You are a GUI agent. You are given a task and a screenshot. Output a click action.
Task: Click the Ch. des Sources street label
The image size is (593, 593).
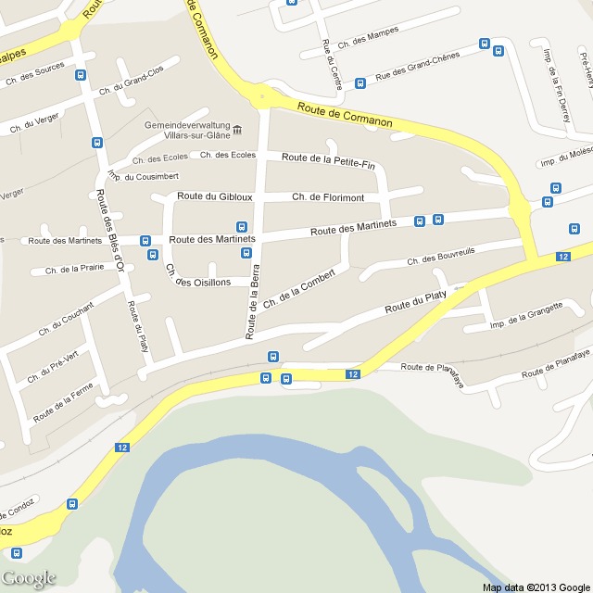(x=35, y=73)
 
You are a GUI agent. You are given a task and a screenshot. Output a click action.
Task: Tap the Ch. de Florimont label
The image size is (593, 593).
(x=328, y=196)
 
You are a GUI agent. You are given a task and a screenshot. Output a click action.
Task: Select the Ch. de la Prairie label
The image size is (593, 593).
(x=67, y=271)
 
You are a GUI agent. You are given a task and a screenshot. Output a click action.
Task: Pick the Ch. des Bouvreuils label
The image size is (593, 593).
(x=441, y=257)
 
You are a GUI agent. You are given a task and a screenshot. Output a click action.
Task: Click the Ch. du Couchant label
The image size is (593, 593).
(x=66, y=318)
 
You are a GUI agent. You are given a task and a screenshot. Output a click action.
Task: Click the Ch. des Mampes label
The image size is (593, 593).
(x=368, y=37)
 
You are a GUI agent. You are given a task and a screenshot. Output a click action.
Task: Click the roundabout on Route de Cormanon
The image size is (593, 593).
(x=264, y=96)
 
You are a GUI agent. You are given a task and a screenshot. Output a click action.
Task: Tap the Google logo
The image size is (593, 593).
(x=29, y=578)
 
